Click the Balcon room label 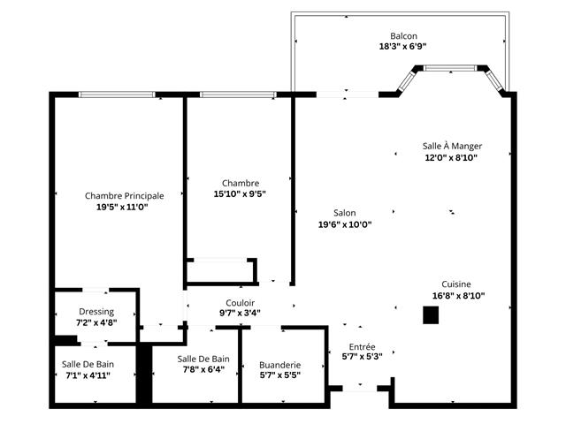click(x=403, y=36)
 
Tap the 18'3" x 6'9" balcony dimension click(x=403, y=47)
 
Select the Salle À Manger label click(x=452, y=146)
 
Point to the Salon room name click(x=344, y=213)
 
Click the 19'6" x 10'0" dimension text click(x=345, y=224)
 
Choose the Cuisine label click(x=456, y=284)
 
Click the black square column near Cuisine click(x=431, y=315)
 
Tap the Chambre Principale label click(x=124, y=196)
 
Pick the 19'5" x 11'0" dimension click(x=122, y=208)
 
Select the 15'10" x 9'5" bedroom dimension click(x=240, y=194)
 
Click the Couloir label click(x=240, y=303)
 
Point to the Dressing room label click(x=96, y=312)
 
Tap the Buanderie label click(x=280, y=365)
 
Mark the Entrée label click(x=362, y=347)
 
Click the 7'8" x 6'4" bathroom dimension click(x=203, y=369)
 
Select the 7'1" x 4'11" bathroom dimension click(x=88, y=375)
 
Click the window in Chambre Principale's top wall click(x=117, y=95)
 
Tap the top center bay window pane click(x=450, y=68)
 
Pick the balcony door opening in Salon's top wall click(x=348, y=95)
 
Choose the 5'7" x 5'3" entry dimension click(x=362, y=357)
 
